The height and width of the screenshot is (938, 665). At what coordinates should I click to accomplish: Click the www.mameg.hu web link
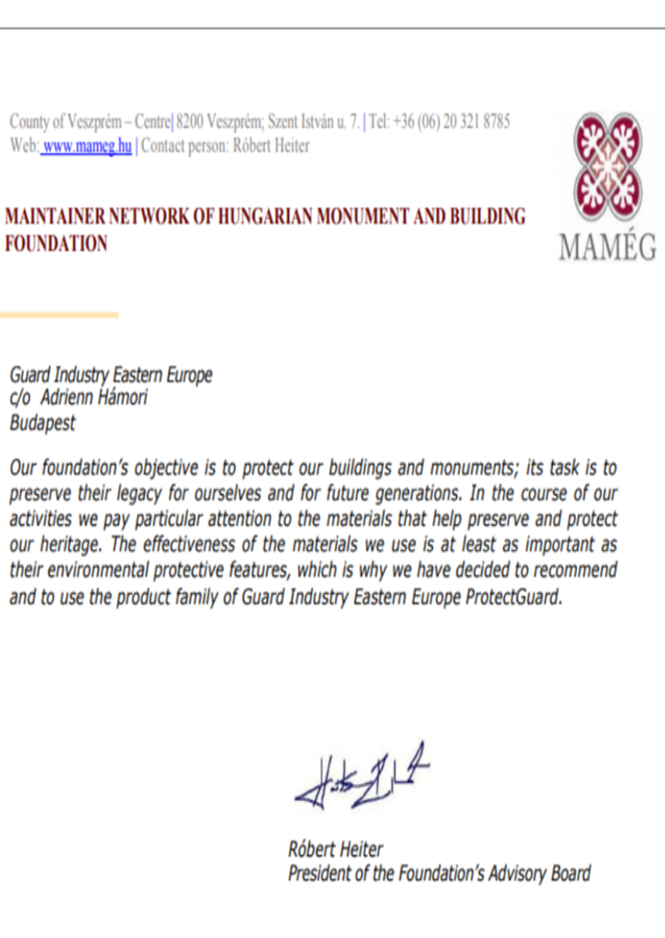coord(87,146)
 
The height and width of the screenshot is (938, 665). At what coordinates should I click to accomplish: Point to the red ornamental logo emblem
coord(608,166)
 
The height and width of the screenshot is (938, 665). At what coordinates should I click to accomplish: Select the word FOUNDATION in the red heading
coord(56,243)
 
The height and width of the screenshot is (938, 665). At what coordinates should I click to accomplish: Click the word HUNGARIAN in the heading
coord(266,217)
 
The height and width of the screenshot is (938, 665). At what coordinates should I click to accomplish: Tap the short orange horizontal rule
coord(59,315)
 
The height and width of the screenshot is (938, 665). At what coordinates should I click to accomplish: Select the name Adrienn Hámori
coord(94,398)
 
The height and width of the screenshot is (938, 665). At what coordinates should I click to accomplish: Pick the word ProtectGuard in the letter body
coord(513,597)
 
